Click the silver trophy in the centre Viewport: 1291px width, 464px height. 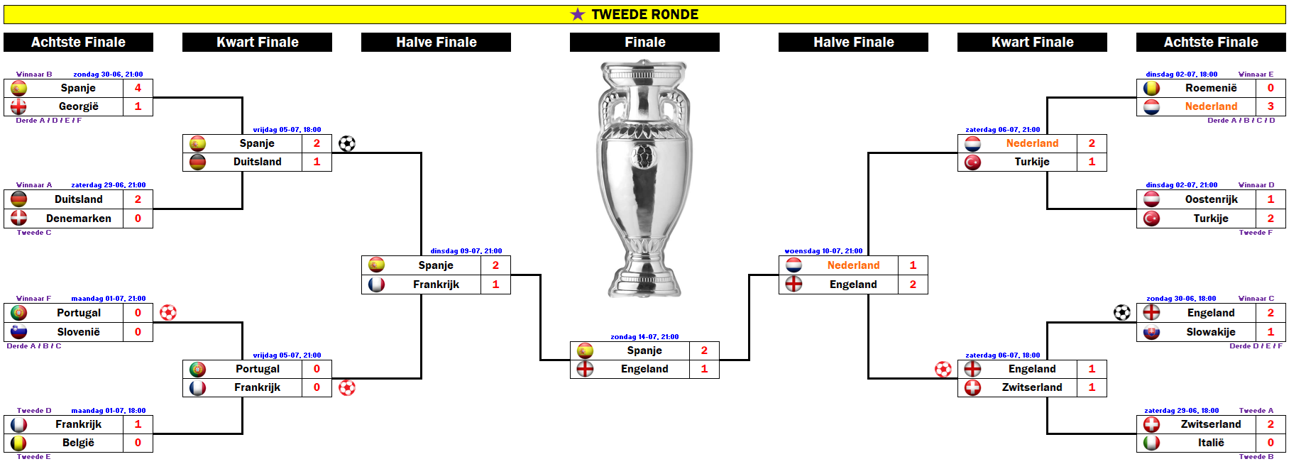click(x=644, y=177)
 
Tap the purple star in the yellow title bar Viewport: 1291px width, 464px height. click(x=578, y=14)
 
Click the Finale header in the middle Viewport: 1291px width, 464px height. click(x=644, y=43)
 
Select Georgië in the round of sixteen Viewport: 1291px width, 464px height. click(x=78, y=106)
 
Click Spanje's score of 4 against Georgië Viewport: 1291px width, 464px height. click(x=138, y=88)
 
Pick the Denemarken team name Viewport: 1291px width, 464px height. click(x=78, y=219)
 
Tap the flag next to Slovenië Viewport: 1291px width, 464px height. click(x=19, y=332)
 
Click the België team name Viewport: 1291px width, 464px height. click(x=78, y=443)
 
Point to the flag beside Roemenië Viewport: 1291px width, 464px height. click(x=1151, y=88)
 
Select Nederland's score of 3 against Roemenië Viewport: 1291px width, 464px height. click(x=1270, y=106)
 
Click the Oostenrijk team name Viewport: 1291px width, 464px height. click(x=1211, y=199)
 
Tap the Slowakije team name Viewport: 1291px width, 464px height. click(x=1211, y=332)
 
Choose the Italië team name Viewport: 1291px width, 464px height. click(x=1211, y=443)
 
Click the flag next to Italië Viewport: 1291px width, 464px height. click(x=1151, y=443)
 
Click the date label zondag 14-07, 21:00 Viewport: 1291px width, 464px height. click(x=644, y=337)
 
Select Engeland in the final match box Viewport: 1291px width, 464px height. click(x=644, y=369)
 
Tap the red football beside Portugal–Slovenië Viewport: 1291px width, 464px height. click(x=168, y=313)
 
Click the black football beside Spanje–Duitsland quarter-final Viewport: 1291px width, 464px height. click(x=347, y=144)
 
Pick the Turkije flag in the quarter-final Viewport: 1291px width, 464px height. click(x=972, y=162)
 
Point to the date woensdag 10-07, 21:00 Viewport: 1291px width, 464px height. click(x=823, y=251)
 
